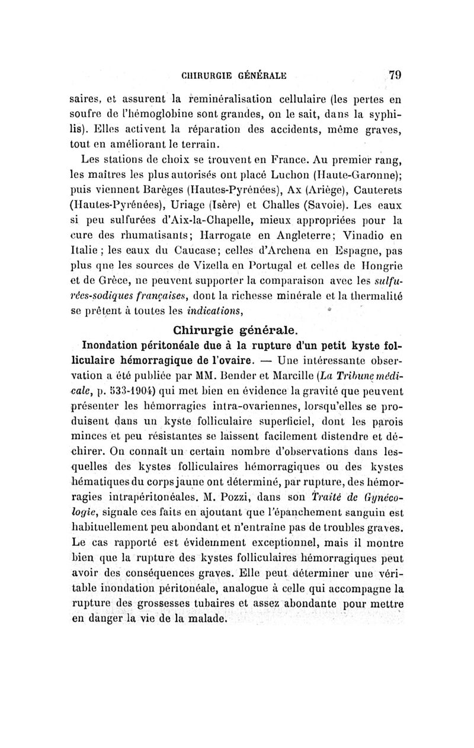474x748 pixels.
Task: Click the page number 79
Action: point(395,75)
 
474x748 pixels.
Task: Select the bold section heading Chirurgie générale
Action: point(235,329)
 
